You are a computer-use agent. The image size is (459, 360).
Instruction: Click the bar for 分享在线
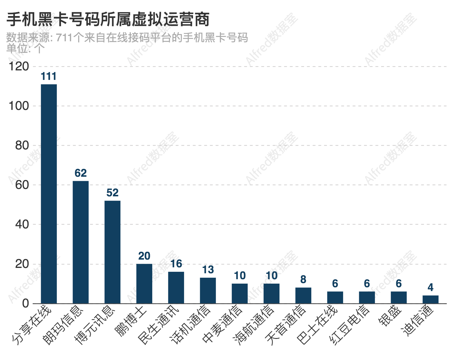tap(49, 194)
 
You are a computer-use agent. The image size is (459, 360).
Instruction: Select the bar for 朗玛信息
tap(81, 242)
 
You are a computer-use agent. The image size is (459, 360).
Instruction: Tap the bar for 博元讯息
tap(112, 252)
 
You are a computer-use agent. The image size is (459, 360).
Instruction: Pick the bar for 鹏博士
tap(144, 284)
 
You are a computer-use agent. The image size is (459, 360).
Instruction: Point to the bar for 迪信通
tap(430, 299)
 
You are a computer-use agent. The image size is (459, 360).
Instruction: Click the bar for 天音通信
tap(303, 296)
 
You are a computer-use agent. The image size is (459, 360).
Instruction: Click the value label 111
tap(48, 77)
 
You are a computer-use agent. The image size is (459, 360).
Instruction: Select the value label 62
tap(81, 173)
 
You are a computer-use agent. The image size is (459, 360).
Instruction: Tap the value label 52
tap(112, 193)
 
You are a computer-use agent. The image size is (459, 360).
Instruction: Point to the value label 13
tap(208, 270)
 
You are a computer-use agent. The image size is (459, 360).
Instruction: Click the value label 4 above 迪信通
tap(430, 288)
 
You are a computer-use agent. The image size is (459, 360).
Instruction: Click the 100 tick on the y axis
tap(19, 106)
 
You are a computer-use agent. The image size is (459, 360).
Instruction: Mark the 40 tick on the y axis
tap(22, 224)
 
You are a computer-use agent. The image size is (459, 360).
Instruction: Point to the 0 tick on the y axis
tap(26, 303)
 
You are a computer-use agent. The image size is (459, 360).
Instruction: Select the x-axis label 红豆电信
tap(350, 325)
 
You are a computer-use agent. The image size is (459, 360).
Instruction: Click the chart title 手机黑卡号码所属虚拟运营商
tap(108, 20)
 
